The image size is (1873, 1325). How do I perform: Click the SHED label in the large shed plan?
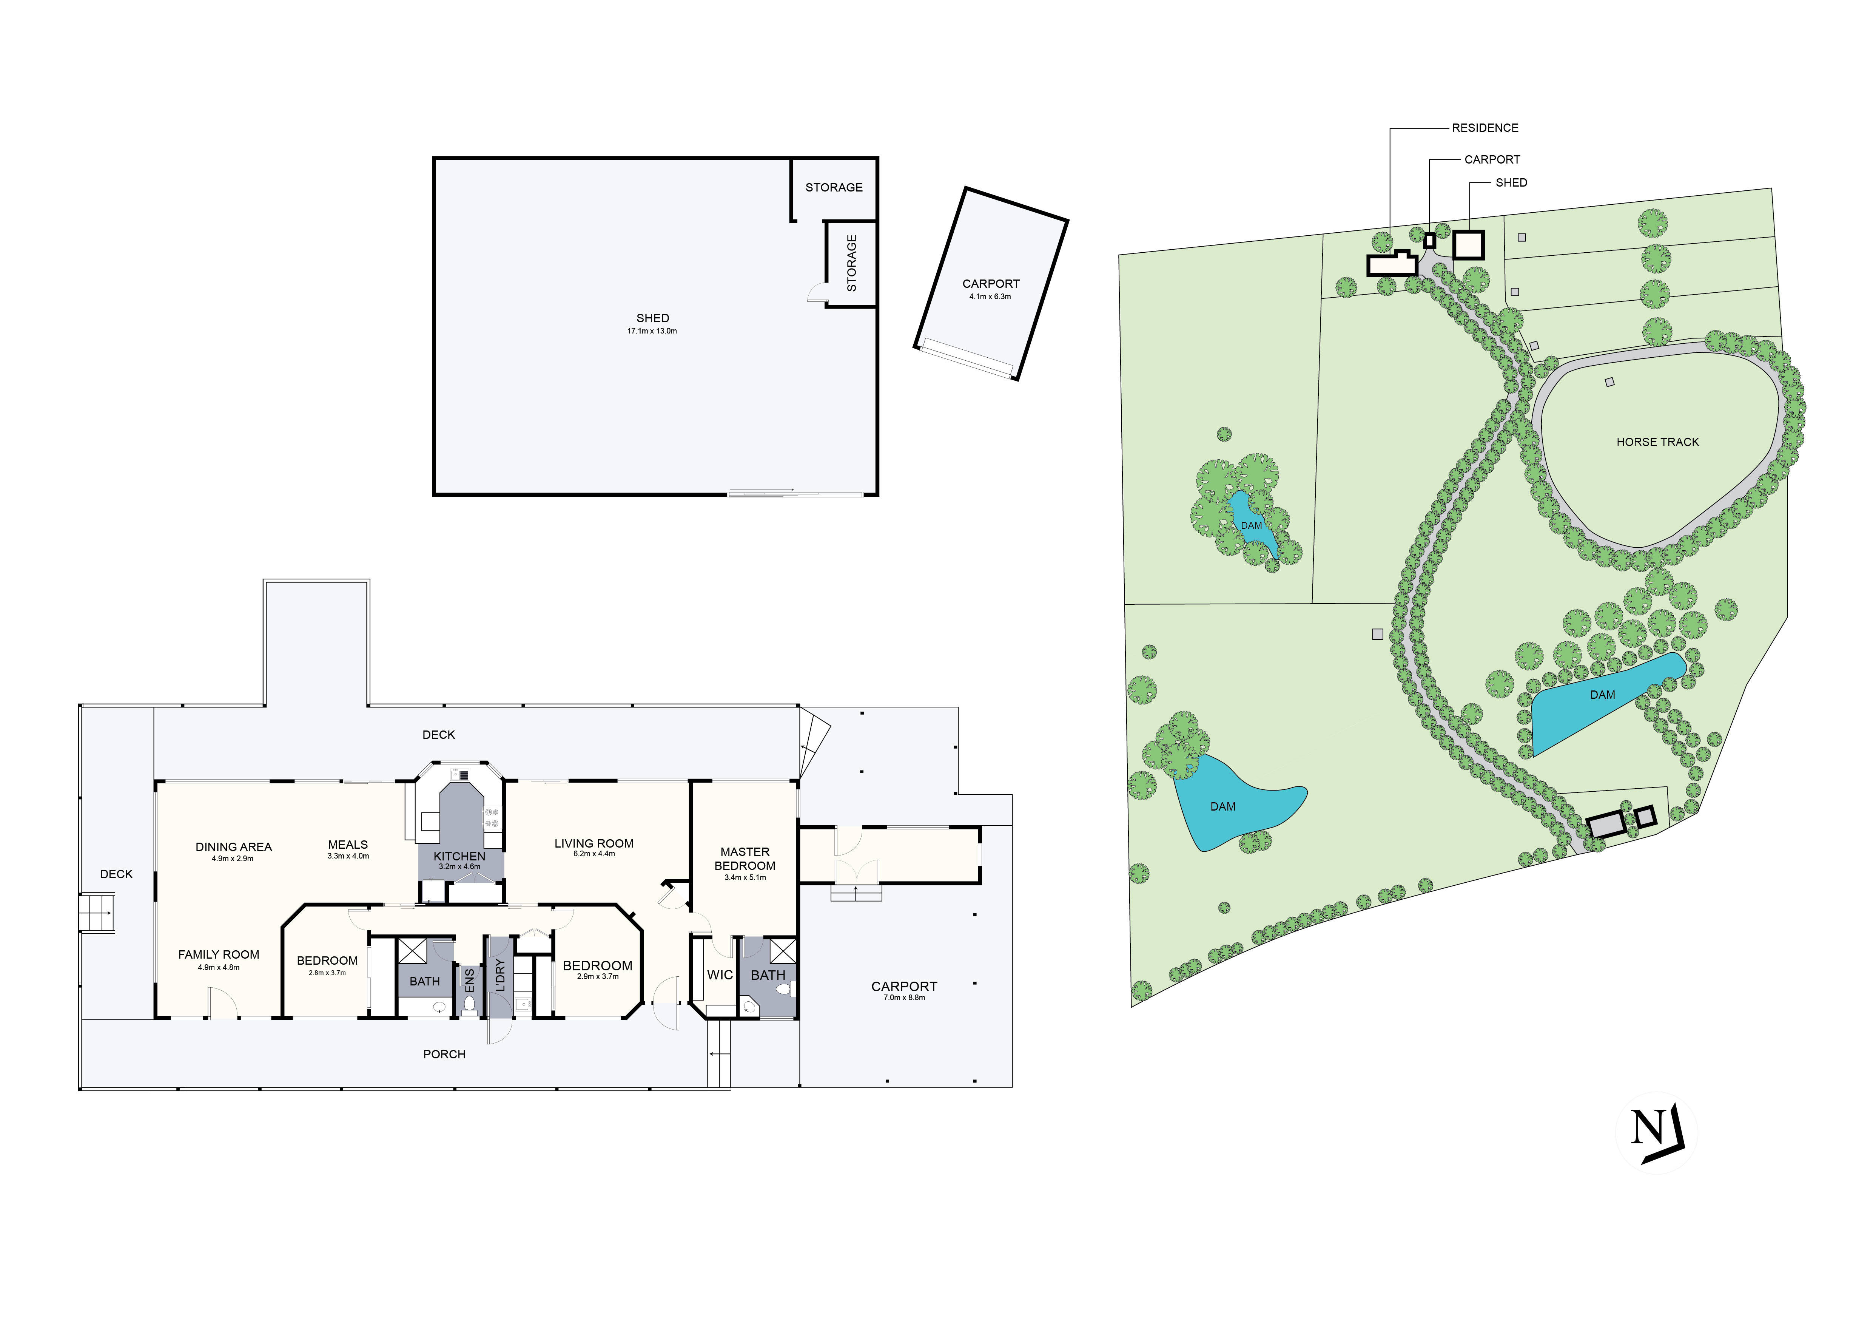click(653, 318)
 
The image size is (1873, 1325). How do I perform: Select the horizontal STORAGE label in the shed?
click(834, 188)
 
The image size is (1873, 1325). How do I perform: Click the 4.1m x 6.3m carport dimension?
click(990, 297)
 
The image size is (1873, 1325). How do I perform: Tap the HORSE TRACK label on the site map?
click(1658, 442)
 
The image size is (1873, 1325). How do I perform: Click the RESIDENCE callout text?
click(1485, 128)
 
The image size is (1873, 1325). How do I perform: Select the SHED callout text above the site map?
click(1511, 183)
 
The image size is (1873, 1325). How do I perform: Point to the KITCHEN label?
click(459, 856)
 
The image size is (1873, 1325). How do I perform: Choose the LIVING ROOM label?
click(594, 844)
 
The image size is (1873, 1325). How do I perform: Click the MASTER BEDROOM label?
click(745, 858)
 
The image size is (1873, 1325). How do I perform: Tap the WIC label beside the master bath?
click(720, 975)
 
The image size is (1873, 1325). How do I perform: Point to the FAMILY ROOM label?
click(219, 954)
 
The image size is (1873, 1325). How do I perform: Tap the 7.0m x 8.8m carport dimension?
click(904, 998)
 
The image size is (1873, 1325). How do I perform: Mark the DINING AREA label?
click(233, 847)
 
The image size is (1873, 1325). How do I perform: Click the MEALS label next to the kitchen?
click(347, 845)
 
